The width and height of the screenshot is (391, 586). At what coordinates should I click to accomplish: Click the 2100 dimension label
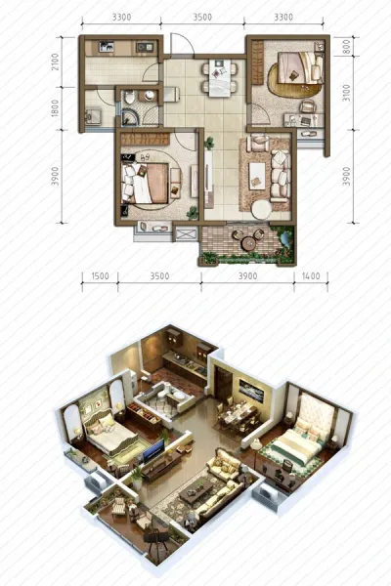55,62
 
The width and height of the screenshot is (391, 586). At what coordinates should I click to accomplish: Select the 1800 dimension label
55,108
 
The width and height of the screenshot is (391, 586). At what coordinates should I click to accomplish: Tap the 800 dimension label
346,47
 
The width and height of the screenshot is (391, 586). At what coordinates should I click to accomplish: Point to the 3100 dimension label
346,93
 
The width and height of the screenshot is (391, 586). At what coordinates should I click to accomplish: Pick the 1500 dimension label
100,276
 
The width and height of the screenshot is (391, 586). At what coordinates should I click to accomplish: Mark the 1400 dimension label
311,276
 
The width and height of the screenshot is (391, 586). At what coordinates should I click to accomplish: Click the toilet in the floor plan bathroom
129,98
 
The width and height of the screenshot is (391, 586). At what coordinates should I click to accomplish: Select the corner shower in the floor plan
130,116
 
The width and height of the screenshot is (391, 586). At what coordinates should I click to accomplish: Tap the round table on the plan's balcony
248,243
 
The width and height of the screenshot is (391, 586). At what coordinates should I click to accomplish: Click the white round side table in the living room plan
261,210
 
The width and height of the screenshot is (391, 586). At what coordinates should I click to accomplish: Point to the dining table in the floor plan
220,78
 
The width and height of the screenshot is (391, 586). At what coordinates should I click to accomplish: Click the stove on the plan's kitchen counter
145,47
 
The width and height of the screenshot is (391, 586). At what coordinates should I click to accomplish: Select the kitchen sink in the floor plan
106,47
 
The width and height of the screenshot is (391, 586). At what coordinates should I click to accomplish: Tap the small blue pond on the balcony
285,239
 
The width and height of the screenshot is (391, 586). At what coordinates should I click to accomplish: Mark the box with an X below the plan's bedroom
186,234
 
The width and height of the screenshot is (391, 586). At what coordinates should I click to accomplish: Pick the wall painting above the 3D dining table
251,391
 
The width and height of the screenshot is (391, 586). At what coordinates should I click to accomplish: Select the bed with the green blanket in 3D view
296,444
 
